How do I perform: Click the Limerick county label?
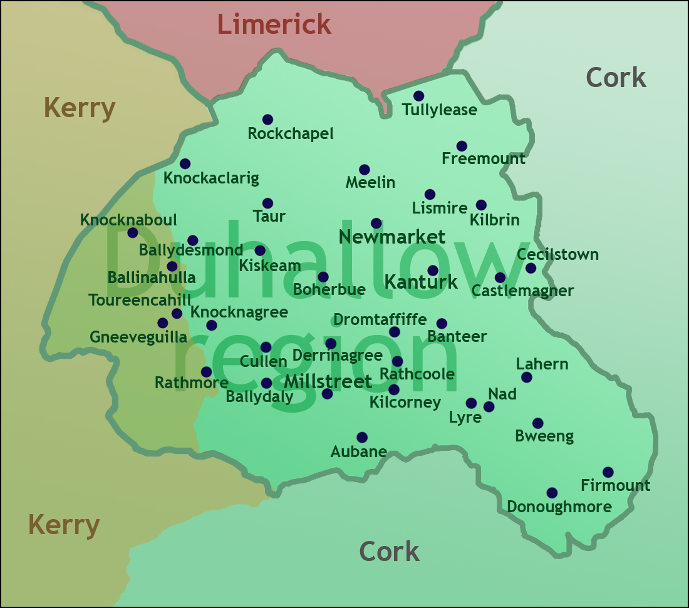274,24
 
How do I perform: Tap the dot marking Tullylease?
418,96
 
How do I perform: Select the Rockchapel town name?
291,133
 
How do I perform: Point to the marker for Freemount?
462,146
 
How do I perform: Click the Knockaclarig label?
210,178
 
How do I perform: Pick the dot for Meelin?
364,170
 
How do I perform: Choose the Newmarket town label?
391,237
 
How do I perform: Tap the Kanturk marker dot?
432,271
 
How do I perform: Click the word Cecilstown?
557,255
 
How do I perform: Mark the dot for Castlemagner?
500,277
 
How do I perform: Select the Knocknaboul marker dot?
132,233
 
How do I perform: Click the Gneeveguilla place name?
138,337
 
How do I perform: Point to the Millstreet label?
328,381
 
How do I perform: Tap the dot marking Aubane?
361,437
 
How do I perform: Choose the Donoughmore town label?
559,507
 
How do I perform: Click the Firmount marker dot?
608,472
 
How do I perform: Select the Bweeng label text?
544,436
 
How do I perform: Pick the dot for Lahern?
526,377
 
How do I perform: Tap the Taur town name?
269,217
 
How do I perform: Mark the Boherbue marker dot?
323,277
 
